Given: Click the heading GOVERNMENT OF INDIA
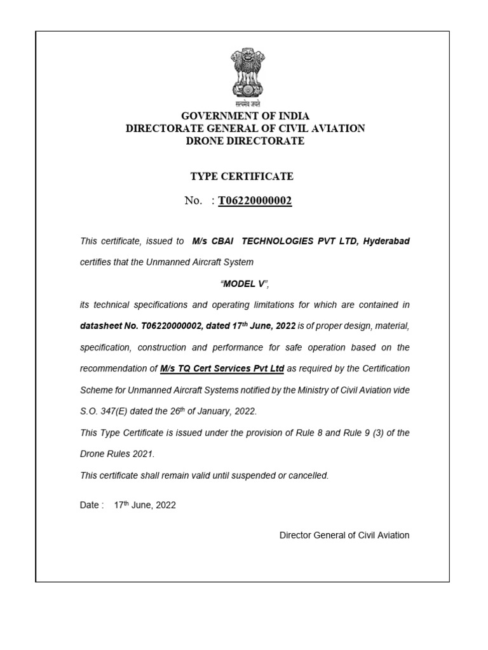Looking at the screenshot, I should pos(245,116).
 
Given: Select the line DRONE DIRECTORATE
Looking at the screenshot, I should pos(245,141).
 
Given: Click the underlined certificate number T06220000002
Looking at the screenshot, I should pos(255,201).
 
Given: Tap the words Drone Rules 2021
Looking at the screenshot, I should pos(117,454).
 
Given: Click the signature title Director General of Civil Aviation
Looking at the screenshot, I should pos(344,535).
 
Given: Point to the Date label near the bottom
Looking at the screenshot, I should pos(91,505).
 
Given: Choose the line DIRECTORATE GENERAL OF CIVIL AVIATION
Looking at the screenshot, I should pos(245,128).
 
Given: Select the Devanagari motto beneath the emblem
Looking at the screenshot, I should pos(245,102).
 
